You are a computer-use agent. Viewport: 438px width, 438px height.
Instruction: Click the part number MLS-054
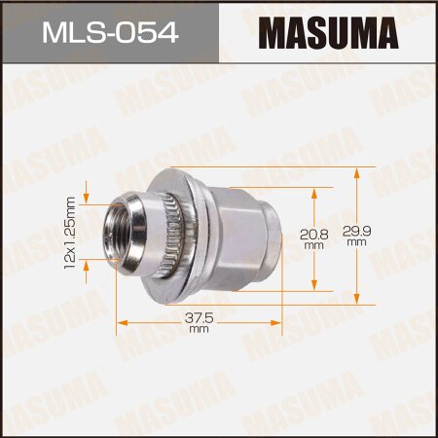(x=107, y=35)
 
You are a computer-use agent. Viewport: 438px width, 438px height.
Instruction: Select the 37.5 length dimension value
(x=199, y=315)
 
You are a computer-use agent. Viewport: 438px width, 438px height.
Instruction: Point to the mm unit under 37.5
(x=199, y=329)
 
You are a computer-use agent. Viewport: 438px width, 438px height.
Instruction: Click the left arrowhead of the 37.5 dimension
(x=121, y=322)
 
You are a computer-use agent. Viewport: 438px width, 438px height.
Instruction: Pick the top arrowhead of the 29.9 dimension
(x=359, y=170)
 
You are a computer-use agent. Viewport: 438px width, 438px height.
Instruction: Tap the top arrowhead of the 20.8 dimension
(x=312, y=191)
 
